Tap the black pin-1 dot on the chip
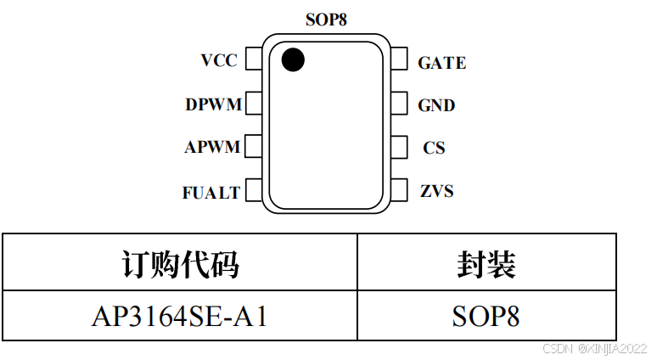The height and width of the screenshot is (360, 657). pos(293,59)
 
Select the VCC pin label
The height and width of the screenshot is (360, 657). pos(219,60)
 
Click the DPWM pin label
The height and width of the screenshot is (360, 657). pos(213,105)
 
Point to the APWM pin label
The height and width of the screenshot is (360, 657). pos(212,148)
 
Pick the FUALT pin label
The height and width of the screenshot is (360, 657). pos(211,193)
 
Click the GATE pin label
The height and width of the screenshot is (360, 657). pos(441,63)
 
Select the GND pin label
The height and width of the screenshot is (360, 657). pos(436,106)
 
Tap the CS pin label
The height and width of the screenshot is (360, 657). pos(434,148)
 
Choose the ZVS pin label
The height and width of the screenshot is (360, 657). pos(436,191)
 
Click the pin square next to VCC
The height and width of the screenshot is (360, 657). pos(253,59)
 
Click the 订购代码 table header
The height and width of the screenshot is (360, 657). pos(180,265)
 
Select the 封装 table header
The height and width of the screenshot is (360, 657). pos(486,265)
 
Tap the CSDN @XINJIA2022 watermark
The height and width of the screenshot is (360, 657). pos(594,348)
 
